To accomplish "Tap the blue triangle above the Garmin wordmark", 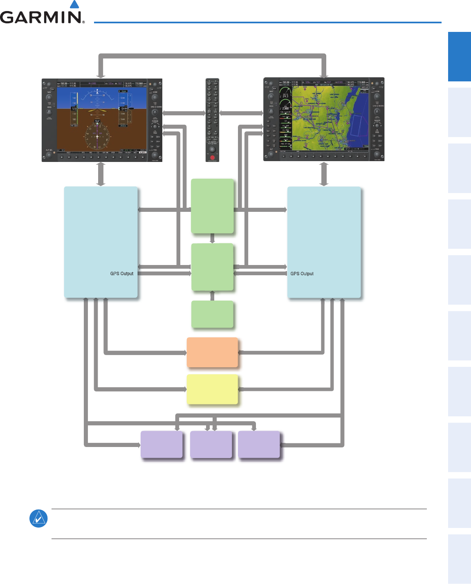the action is [x=74, y=4].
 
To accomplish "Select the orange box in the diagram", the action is [x=212, y=352].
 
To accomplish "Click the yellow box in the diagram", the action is [x=212, y=389].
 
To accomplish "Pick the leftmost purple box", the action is [x=161, y=444].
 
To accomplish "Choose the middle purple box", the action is [x=211, y=444].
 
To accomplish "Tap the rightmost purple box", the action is [x=259, y=444].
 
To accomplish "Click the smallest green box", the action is [x=212, y=314].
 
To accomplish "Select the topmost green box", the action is [x=212, y=206].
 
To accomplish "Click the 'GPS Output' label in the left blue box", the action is [x=122, y=274].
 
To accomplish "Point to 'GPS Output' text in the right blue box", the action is [x=302, y=274].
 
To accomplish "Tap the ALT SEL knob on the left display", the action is [x=49, y=155].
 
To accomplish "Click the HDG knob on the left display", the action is [x=49, y=112].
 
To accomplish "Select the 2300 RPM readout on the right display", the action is [x=285, y=108].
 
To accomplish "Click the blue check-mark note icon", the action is [x=38, y=519].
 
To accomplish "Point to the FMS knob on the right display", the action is [x=377, y=154].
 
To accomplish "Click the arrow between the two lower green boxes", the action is [x=212, y=296].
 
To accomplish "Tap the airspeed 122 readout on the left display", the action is [x=74, y=109].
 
